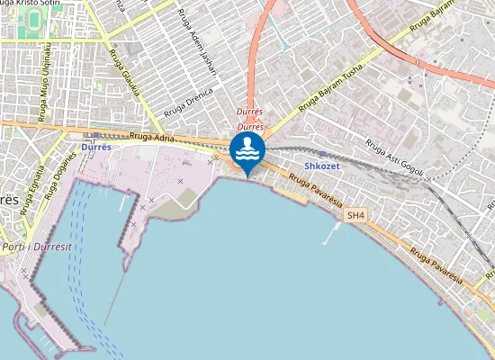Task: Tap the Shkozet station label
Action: click(321, 166)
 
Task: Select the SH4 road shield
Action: click(356, 216)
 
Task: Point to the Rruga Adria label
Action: click(150, 139)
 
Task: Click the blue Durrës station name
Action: click(95, 146)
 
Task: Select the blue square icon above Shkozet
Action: click(321, 154)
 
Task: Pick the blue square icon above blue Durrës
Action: click(95, 135)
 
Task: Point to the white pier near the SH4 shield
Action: click(334, 232)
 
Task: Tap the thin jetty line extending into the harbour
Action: click(114, 297)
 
